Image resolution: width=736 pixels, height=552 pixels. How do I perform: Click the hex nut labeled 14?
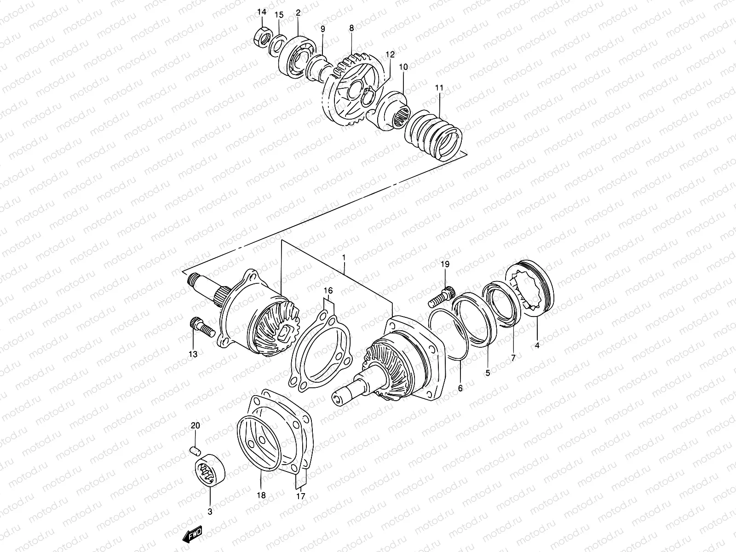coord(261,39)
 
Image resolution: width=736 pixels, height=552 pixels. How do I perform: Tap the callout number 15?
coord(279,15)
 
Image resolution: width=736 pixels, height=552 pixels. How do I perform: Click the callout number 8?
coord(352,28)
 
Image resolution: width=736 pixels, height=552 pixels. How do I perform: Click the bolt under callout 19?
coord(441,297)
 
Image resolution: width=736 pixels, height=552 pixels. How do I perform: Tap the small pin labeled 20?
coord(195,448)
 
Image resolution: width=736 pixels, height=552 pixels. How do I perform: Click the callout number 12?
coord(390,54)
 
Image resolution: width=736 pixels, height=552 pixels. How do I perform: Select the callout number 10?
coord(403,67)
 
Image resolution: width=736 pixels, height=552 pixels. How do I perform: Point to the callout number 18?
coord(261,496)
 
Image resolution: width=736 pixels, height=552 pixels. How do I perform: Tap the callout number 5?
coord(488,374)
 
